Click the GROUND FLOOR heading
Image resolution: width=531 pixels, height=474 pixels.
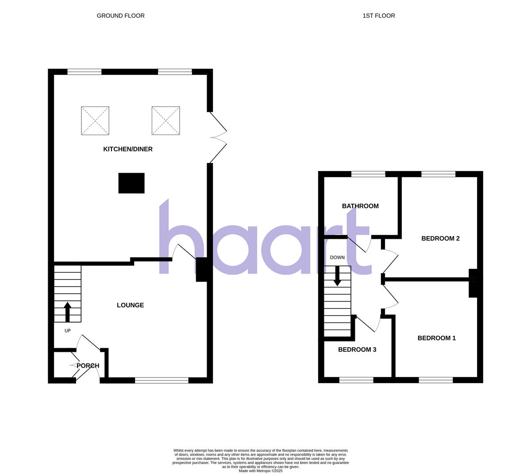tap(120, 16)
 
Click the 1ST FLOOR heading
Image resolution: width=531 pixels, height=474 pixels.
tap(378, 16)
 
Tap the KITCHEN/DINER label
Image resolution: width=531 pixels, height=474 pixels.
tap(128, 149)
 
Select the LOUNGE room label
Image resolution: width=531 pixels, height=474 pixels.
tap(130, 305)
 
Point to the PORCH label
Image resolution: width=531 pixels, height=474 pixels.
tap(88, 366)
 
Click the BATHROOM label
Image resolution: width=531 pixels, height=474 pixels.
tap(360, 206)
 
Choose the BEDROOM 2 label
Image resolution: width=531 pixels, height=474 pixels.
tap(440, 239)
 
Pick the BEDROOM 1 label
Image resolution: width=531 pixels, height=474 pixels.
tap(436, 338)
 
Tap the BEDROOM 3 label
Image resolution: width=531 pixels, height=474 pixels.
tap(357, 350)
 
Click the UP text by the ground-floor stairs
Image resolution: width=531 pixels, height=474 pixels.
tap(68, 330)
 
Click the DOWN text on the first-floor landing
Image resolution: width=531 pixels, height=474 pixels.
tap(337, 257)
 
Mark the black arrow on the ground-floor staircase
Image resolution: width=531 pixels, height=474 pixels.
tap(68, 311)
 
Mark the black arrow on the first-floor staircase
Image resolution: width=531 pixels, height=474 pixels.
tap(337, 276)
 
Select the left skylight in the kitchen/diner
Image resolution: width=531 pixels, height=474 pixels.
tap(95, 120)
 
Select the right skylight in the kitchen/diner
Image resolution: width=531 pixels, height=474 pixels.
tap(165, 120)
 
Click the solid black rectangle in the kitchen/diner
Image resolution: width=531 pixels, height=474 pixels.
tap(131, 183)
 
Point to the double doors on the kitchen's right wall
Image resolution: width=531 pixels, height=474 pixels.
tap(217, 137)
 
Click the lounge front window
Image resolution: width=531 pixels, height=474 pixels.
tap(162, 380)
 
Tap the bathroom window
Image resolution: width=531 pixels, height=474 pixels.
tap(368, 174)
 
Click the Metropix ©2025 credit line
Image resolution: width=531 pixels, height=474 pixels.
tap(260, 471)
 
